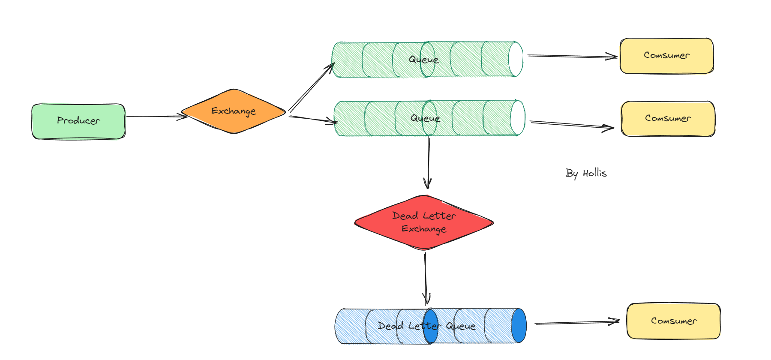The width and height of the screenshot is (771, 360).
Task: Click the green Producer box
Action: [x=78, y=121]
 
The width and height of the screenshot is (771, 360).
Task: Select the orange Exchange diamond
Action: [x=234, y=111]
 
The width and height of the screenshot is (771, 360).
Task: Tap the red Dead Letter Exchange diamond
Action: [x=424, y=222]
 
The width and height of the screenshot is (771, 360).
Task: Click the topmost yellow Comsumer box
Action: [x=666, y=56]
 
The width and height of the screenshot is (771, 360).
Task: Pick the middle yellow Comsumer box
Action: [x=668, y=119]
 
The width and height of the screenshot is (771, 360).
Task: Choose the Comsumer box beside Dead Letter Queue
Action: [x=673, y=321]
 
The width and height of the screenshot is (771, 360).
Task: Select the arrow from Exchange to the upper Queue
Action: [x=311, y=87]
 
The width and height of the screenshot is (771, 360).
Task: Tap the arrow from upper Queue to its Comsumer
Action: [x=572, y=56]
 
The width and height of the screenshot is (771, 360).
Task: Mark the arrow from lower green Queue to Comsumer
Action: [x=572, y=125]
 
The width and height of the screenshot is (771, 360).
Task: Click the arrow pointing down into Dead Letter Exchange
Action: [x=429, y=163]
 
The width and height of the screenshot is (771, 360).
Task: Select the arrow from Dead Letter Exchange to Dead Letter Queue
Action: [x=426, y=279]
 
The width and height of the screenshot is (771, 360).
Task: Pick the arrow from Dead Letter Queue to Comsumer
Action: [x=576, y=322]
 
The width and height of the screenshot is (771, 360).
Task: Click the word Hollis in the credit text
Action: [x=594, y=173]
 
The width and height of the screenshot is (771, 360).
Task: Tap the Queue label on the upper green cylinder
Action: [x=423, y=60]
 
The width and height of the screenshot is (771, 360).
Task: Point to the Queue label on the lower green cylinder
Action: [x=425, y=118]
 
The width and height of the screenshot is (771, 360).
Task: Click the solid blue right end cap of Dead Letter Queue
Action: [x=519, y=326]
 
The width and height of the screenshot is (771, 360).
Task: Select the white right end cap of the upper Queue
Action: [x=516, y=59]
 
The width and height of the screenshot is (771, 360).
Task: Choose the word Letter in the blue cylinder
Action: [x=424, y=326]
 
